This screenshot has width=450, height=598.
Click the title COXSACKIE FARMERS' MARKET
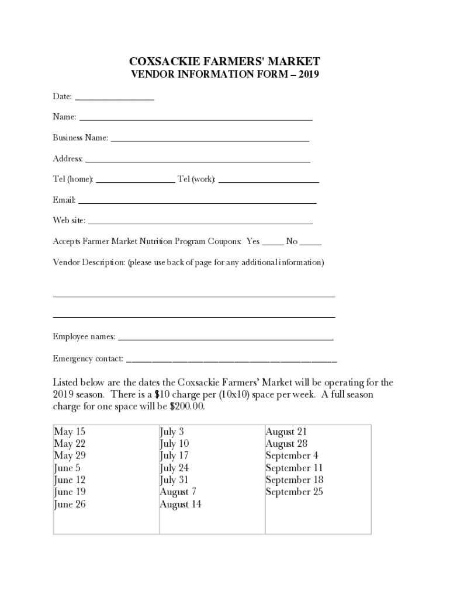(x=224, y=61)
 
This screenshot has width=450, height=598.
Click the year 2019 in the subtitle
(x=308, y=75)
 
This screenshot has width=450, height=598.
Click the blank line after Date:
(x=115, y=99)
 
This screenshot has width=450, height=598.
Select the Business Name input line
(x=210, y=140)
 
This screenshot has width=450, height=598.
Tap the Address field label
(x=68, y=159)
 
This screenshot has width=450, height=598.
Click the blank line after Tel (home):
(x=135, y=182)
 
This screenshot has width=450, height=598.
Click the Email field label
(x=64, y=200)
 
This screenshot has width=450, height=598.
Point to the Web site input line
(x=200, y=222)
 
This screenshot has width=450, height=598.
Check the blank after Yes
(x=273, y=244)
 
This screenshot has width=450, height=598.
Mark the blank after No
(x=310, y=244)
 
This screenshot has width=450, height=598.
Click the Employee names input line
(x=226, y=339)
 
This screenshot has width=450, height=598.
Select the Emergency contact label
(x=88, y=359)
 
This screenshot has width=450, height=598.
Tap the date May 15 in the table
(x=70, y=432)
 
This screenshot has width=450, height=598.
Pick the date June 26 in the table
(x=70, y=505)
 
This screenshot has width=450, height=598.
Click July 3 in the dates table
(x=172, y=432)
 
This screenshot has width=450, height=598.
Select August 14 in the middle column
(x=181, y=505)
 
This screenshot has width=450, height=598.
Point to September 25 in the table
(x=294, y=492)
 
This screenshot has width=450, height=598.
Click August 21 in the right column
(x=286, y=432)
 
